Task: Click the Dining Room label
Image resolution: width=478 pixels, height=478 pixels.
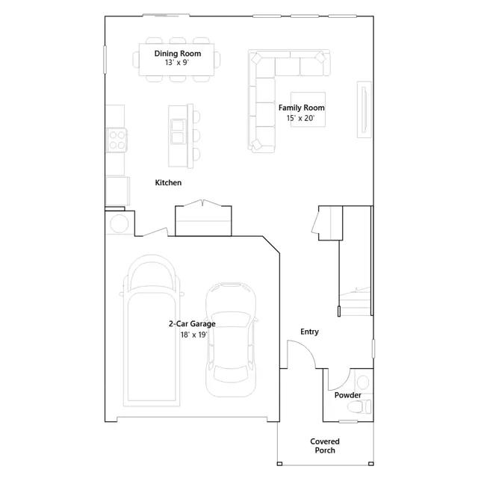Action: (x=177, y=54)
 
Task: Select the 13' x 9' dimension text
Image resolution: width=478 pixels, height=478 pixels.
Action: (x=177, y=63)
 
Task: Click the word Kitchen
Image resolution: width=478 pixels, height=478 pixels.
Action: (x=168, y=183)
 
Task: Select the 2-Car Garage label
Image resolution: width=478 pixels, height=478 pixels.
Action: (x=192, y=324)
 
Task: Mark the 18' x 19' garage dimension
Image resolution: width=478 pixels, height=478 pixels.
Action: (x=192, y=335)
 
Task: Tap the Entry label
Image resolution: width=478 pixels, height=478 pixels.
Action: (x=309, y=332)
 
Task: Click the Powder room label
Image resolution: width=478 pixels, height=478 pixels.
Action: (x=348, y=395)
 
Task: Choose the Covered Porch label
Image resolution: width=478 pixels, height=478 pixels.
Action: (x=325, y=446)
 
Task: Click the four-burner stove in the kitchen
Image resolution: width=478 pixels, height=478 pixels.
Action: (x=117, y=138)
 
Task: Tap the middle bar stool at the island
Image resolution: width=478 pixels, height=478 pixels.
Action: (x=197, y=136)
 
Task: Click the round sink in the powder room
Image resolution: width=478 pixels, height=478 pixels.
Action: (x=364, y=379)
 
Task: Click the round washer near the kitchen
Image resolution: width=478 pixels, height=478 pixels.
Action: (x=118, y=224)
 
